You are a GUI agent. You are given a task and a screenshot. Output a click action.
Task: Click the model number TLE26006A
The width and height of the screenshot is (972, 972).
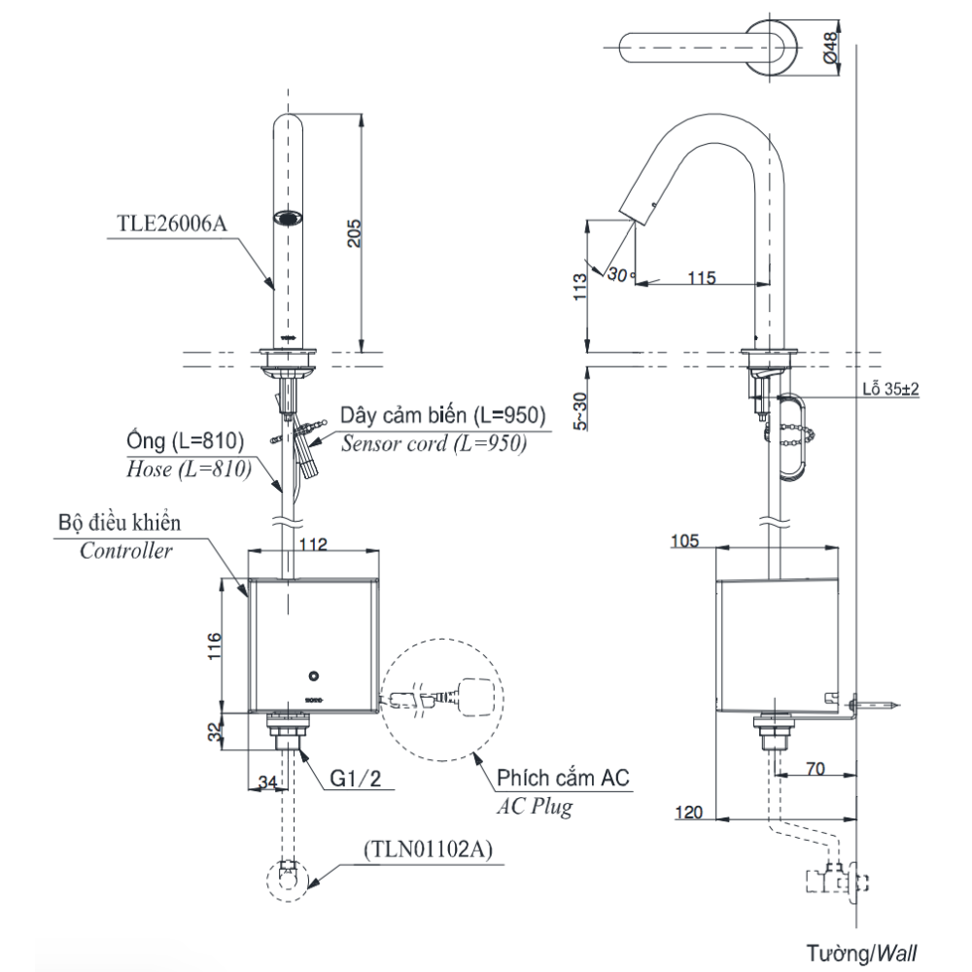coord(171,222)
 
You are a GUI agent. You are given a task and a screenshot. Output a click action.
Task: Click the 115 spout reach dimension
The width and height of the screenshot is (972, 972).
coord(701,278)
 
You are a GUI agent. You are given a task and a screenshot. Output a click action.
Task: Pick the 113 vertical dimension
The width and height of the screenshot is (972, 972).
coord(580,289)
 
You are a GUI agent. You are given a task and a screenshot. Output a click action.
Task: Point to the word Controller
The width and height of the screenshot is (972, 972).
coord(126,551)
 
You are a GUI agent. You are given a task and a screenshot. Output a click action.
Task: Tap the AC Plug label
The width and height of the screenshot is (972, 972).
coord(535,807)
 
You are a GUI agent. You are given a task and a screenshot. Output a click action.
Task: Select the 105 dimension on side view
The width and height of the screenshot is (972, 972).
coord(687,540)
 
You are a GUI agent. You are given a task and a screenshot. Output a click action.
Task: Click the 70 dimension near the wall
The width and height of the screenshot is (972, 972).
coord(816,768)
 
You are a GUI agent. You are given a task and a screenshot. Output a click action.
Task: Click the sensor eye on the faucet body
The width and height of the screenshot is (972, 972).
coord(288,219)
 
